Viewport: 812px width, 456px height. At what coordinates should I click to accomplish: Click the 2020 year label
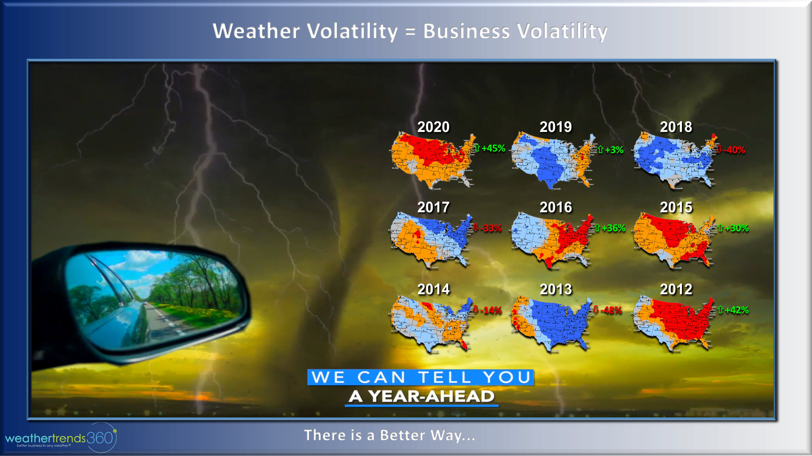433,127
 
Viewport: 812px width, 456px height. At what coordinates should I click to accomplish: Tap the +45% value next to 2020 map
493,148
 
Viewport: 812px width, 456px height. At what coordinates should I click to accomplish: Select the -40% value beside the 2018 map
734,150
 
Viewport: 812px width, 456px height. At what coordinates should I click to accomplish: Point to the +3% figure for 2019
614,150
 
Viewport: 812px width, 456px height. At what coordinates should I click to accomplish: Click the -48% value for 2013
611,310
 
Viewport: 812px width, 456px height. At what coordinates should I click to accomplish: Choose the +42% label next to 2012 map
737,310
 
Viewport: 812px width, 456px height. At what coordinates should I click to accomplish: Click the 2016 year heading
556,207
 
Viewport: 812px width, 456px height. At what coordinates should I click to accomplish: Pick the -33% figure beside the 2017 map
491,228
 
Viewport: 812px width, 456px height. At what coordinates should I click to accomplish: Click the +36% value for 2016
613,228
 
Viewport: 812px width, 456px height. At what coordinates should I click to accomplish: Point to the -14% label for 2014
491,310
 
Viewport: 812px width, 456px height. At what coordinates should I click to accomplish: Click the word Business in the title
466,31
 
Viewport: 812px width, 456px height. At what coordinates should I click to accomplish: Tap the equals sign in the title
410,32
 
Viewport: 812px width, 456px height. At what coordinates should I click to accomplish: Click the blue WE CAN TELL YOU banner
421,377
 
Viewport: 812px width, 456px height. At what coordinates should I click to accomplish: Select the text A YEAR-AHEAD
421,396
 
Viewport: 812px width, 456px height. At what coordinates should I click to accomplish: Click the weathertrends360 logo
60,439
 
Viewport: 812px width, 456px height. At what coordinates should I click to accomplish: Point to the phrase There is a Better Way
390,435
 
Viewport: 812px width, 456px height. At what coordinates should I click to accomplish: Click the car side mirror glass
152,298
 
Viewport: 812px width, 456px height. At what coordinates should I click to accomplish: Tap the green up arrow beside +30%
720,228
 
